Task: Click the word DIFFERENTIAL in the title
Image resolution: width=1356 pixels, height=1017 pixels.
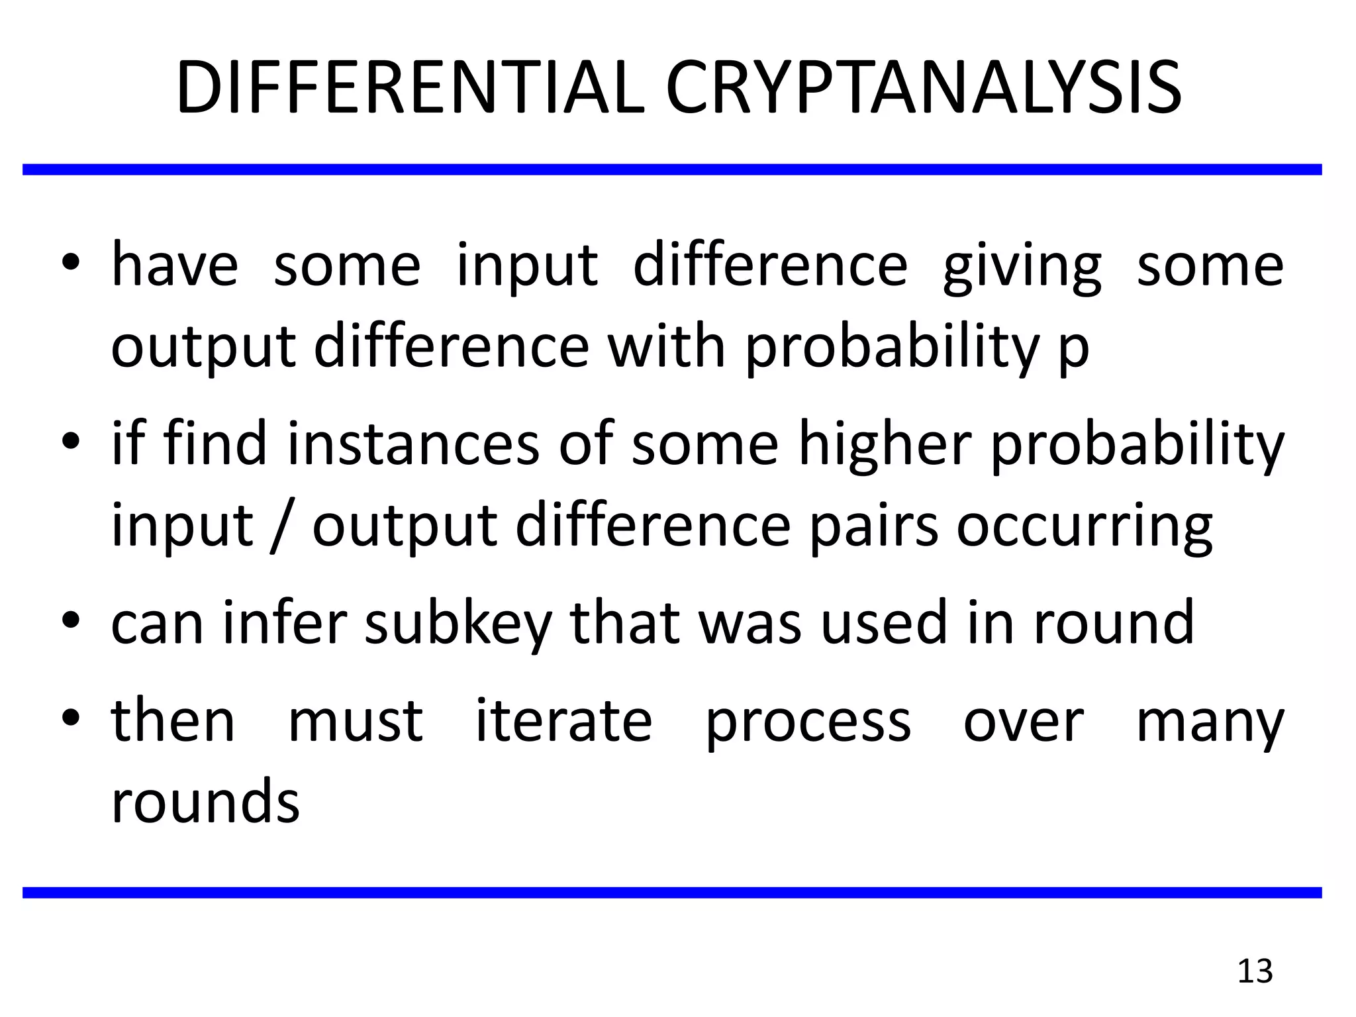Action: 410,88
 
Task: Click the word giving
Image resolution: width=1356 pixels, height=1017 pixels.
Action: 1022,267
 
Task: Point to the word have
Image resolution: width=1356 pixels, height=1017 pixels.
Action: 175,265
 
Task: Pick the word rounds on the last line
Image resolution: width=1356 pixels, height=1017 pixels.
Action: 205,801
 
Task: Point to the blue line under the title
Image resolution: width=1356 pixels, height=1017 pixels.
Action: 672,170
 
